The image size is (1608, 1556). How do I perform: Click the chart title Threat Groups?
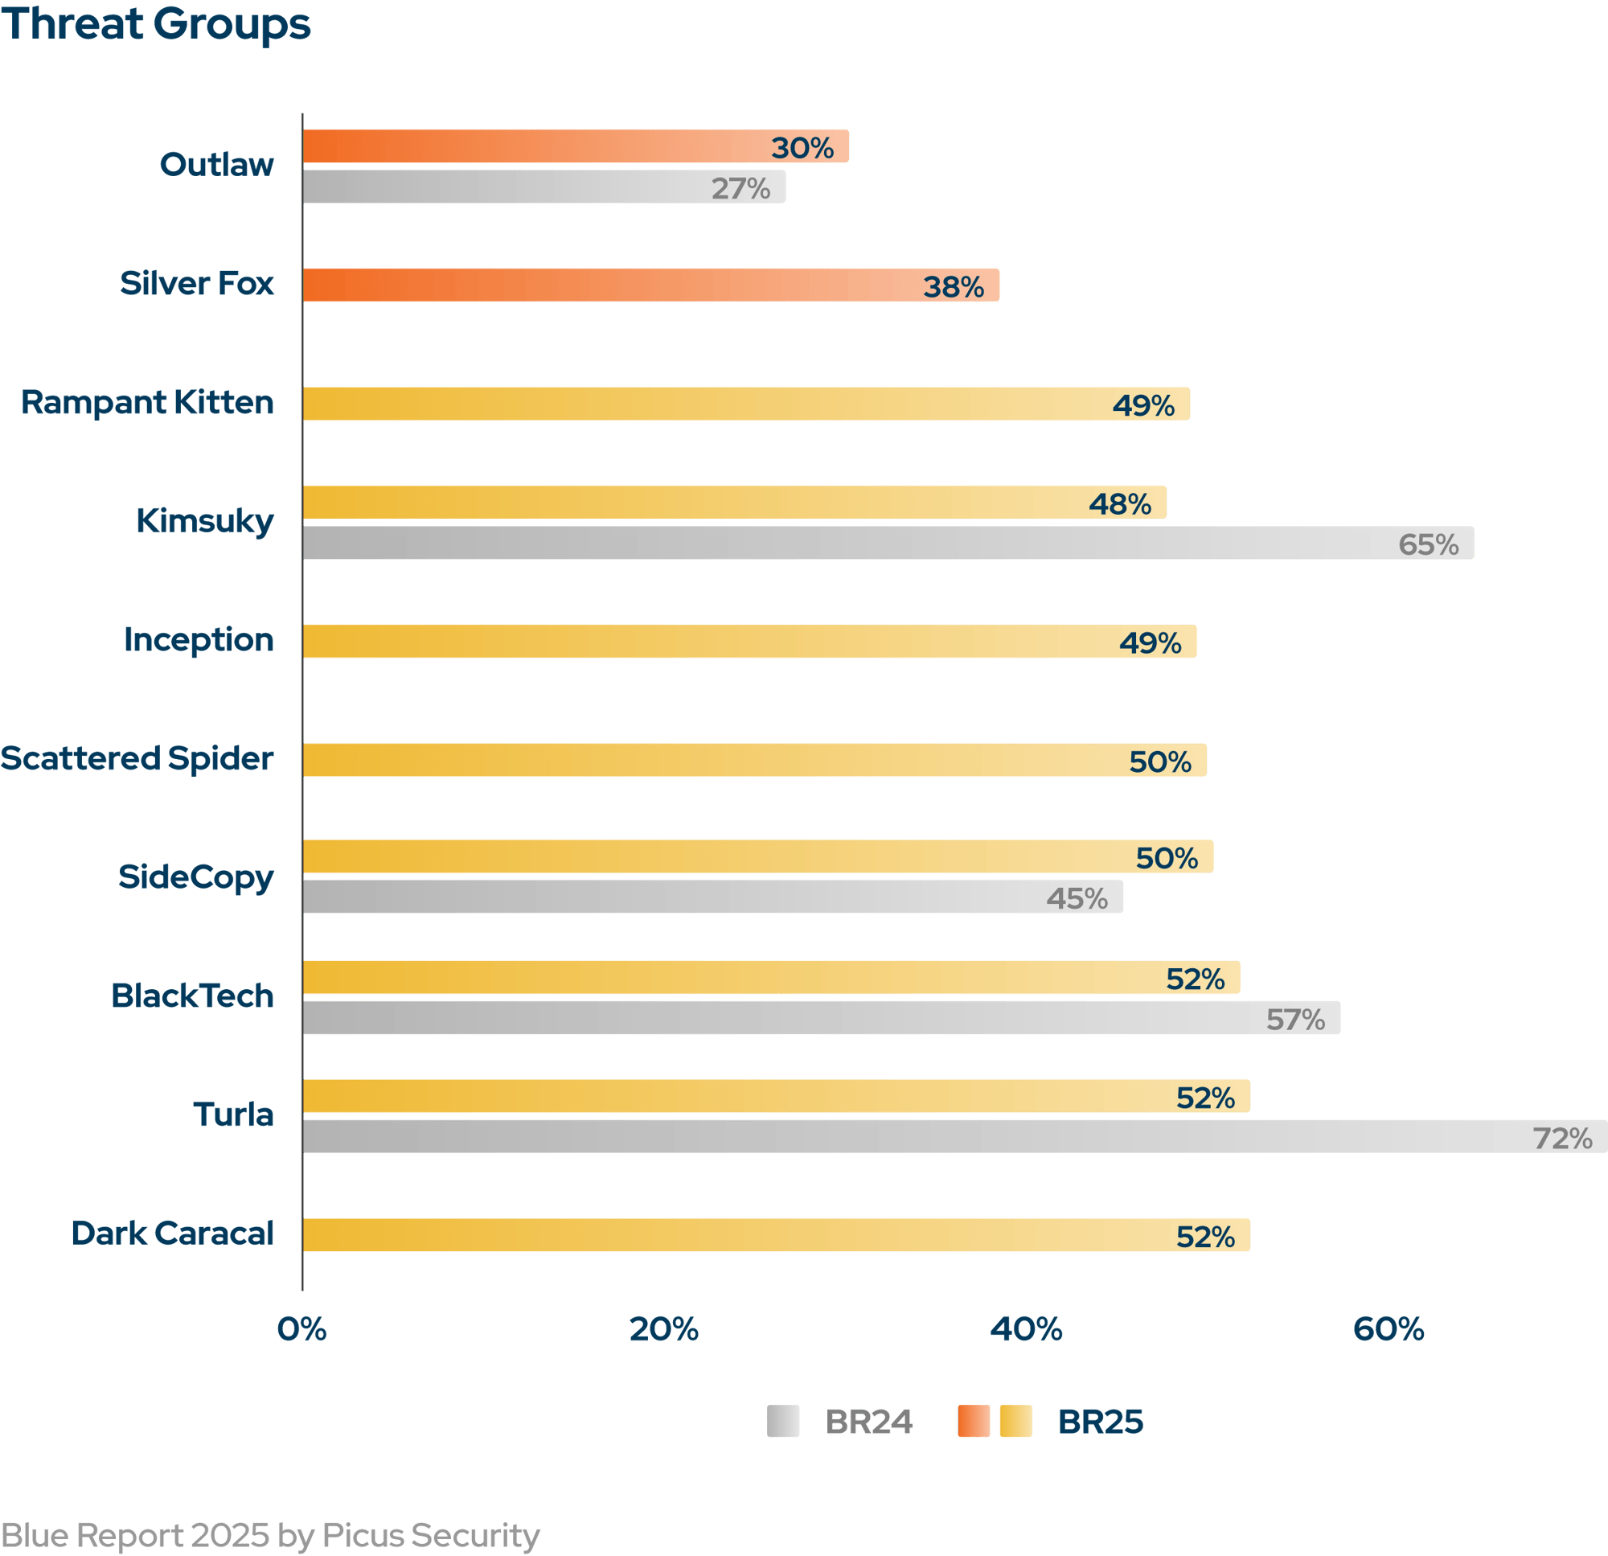click(156, 24)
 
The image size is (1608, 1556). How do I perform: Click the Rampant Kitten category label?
click(148, 403)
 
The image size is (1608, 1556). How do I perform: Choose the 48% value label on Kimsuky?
click(1120, 503)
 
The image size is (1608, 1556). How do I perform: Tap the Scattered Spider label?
click(137, 759)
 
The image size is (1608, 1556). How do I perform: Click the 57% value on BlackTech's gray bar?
click(1295, 1020)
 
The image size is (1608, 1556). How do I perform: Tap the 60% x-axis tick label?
click(1389, 1329)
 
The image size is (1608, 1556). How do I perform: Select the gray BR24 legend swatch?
click(782, 1422)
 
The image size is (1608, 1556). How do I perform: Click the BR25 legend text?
click(1100, 1423)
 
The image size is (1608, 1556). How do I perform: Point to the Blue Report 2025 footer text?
click(270, 1533)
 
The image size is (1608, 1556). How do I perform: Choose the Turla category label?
click(233, 1115)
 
